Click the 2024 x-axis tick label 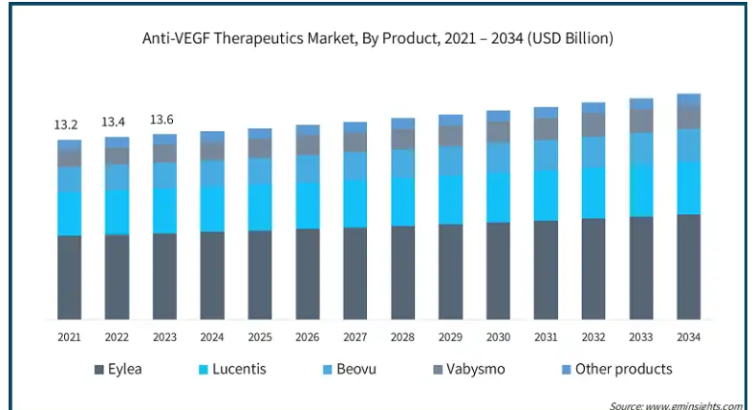(x=212, y=337)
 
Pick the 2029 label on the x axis (x=450, y=337)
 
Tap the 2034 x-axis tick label (x=689, y=337)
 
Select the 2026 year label (x=308, y=337)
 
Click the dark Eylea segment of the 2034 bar (x=689, y=268)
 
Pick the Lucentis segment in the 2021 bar (x=69, y=213)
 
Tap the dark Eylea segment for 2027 (x=356, y=273)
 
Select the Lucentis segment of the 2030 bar (x=498, y=198)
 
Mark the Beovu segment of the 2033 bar (x=641, y=147)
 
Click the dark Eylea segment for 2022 (x=117, y=277)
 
